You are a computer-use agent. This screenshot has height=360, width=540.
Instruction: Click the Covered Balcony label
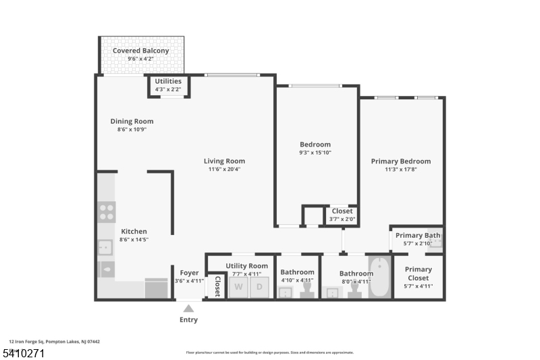click(x=140, y=51)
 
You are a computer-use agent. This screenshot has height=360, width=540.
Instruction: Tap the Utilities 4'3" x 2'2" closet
click(x=168, y=85)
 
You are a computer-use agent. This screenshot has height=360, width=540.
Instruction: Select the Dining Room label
click(x=128, y=122)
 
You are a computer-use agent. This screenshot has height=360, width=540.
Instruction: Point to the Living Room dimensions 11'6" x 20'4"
click(x=224, y=170)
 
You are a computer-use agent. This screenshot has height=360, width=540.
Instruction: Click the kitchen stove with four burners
click(x=107, y=212)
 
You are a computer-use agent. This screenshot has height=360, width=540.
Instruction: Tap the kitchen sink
click(x=106, y=248)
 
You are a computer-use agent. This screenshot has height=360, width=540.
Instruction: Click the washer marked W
click(x=238, y=287)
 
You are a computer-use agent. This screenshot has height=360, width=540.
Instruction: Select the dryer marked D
click(x=259, y=287)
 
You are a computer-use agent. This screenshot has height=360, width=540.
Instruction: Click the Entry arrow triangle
click(x=189, y=308)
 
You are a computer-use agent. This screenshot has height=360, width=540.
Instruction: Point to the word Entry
click(x=189, y=319)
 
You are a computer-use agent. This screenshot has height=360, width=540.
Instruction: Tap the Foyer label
click(x=189, y=273)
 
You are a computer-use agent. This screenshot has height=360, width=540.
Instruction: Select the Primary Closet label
click(x=418, y=274)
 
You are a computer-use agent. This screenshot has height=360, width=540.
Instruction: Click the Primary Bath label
click(x=418, y=235)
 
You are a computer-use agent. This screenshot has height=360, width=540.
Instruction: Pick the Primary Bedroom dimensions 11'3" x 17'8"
click(x=400, y=170)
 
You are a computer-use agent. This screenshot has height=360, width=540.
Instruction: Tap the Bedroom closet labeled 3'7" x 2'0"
click(x=342, y=215)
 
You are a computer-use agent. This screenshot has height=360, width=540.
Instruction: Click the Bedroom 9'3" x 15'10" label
click(x=315, y=145)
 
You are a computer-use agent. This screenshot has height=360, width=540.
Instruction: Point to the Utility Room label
click(x=246, y=266)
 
